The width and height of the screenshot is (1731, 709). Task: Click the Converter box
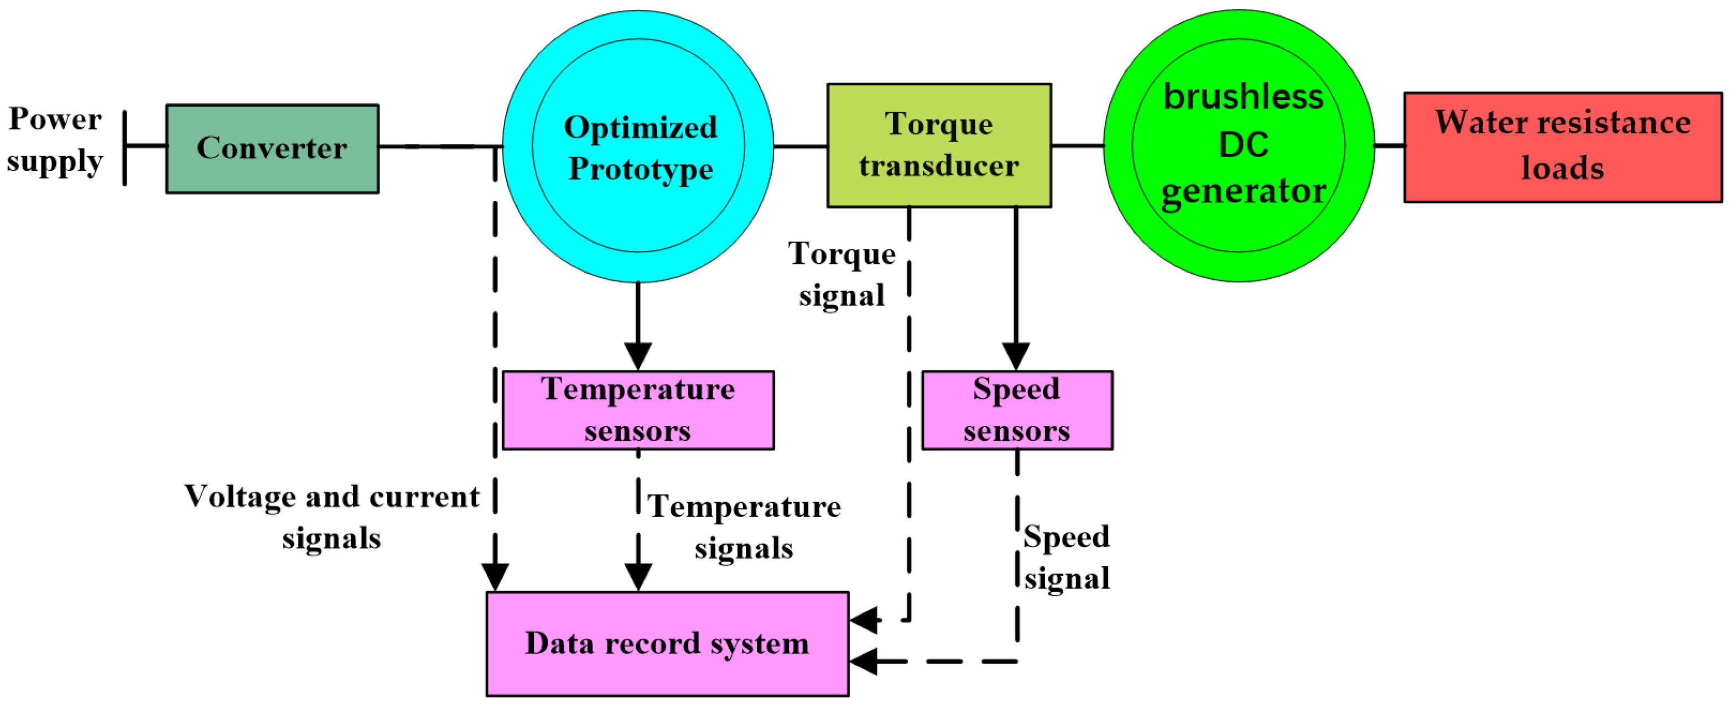(272, 149)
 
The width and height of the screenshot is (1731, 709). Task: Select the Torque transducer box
(939, 145)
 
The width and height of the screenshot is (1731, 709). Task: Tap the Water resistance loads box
(1562, 147)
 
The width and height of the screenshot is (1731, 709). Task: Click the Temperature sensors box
(638, 410)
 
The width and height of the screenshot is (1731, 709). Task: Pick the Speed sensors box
(1017, 410)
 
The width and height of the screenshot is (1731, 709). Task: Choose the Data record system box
(667, 643)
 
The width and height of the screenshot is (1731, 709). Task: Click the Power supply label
(55, 140)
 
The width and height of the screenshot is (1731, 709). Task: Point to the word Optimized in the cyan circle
(641, 128)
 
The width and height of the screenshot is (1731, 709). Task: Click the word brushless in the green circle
(1243, 97)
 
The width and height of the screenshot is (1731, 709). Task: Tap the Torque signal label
(841, 274)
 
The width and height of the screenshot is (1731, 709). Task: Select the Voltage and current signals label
(332, 517)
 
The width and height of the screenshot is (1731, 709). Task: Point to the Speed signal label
(1067, 557)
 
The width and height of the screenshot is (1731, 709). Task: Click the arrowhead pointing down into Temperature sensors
(638, 356)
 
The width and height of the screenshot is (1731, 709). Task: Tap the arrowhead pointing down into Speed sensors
(1016, 356)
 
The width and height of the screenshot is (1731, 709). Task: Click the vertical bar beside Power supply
(125, 148)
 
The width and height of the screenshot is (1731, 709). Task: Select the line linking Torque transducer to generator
(1078, 145)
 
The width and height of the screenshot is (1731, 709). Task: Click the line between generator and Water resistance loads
(1389, 145)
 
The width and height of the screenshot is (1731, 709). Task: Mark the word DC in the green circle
(1243, 144)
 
